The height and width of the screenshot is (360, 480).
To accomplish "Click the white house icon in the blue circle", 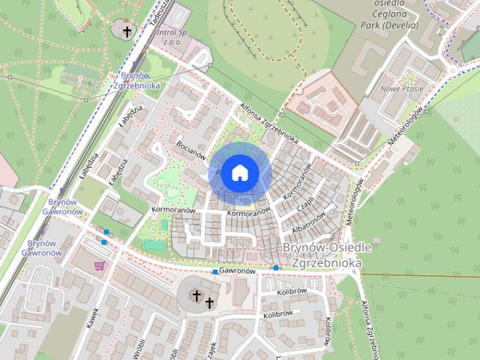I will [x=239, y=172].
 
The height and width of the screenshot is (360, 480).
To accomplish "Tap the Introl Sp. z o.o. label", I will [x=177, y=37].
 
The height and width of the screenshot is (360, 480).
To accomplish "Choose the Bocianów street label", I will [x=191, y=149].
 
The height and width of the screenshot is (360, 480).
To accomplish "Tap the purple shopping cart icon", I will [x=99, y=265].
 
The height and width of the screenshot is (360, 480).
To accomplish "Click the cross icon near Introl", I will [x=127, y=31].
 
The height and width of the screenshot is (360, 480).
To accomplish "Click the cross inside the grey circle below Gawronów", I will [x=196, y=295].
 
